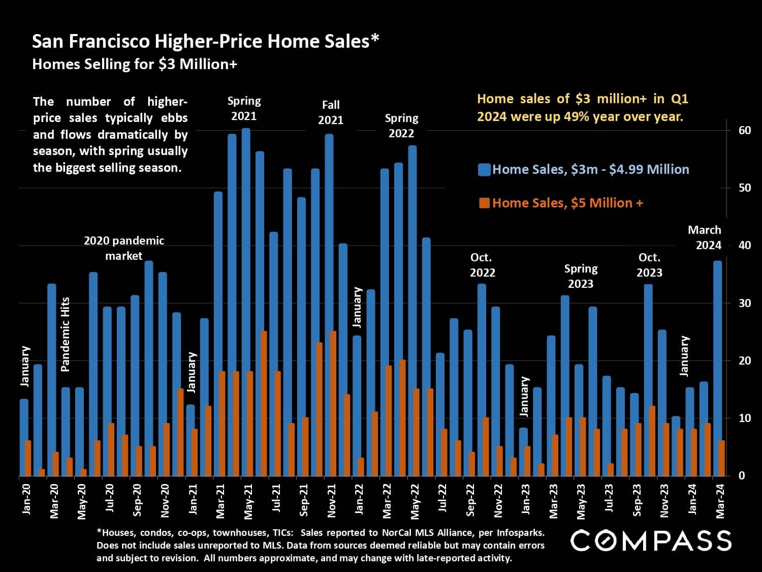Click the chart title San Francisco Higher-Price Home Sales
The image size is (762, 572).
(x=205, y=41)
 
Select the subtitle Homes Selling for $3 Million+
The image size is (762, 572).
(x=135, y=65)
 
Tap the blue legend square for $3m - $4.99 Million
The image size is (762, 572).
(x=484, y=169)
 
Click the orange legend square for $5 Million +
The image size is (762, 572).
(x=484, y=203)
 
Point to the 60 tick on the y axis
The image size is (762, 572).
(x=744, y=130)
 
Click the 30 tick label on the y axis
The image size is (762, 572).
(x=744, y=303)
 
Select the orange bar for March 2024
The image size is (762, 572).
(x=721, y=458)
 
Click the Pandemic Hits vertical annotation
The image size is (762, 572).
(x=66, y=334)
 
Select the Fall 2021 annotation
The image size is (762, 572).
(x=331, y=112)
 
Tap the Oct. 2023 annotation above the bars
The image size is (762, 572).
(x=649, y=265)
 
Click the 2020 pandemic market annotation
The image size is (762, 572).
(x=124, y=248)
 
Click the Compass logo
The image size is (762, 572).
(x=651, y=541)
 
